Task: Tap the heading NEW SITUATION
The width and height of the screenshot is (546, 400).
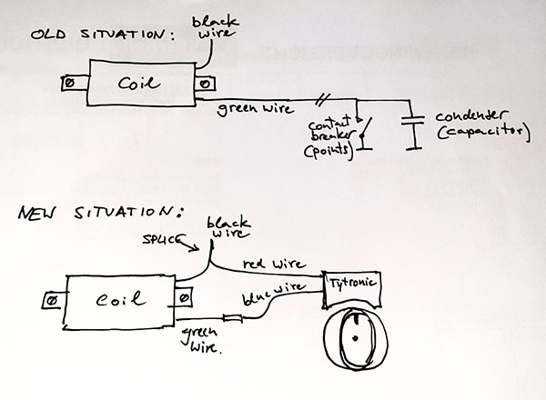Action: [101, 215]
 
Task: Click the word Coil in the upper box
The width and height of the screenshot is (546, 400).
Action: [138, 84]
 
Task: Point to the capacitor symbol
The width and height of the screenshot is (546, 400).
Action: [414, 130]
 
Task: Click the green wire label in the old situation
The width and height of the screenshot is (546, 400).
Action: [256, 111]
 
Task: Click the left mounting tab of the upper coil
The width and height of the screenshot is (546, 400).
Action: [66, 85]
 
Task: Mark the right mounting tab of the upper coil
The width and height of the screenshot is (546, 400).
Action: [207, 85]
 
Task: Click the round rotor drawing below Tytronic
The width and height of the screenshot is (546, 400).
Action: [353, 341]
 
